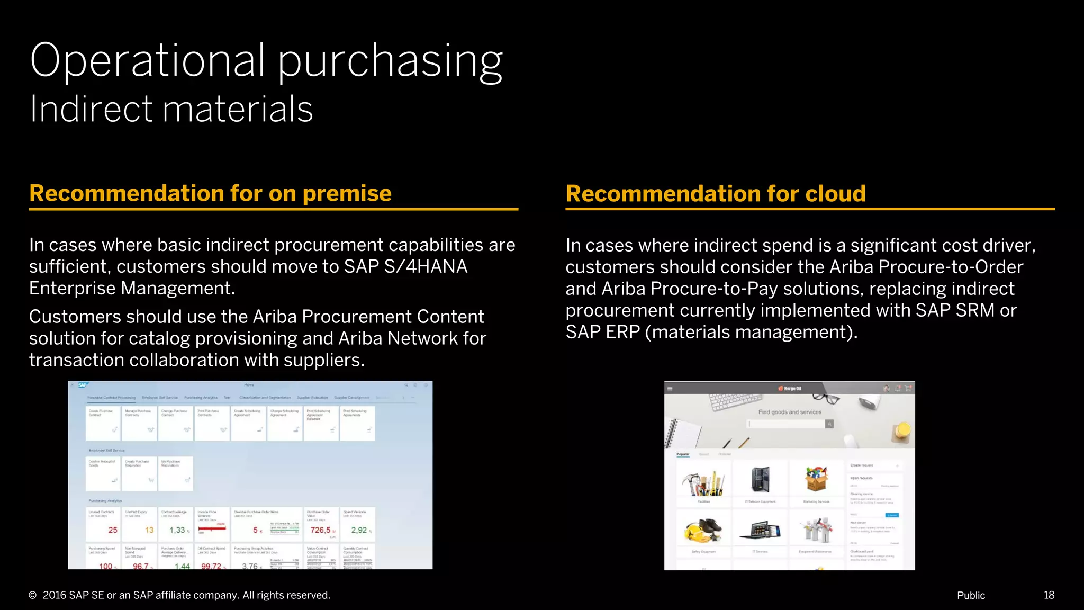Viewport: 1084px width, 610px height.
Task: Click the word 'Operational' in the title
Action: click(147, 61)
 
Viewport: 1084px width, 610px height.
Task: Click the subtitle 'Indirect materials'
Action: click(171, 109)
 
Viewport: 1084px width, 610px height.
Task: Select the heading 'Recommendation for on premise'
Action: click(210, 193)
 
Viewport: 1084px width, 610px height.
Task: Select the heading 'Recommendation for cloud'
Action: click(715, 193)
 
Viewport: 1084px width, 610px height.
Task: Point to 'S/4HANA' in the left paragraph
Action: click(426, 266)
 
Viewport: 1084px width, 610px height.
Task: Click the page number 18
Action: click(1049, 595)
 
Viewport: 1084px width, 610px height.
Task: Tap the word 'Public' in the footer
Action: click(971, 595)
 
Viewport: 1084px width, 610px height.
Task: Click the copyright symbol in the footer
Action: click(33, 595)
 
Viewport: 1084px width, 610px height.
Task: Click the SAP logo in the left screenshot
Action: click(83, 385)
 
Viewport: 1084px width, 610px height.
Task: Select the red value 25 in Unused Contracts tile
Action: click(113, 530)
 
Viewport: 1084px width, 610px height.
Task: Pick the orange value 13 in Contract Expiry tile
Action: click(149, 530)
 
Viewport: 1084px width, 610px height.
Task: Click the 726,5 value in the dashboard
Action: click(320, 530)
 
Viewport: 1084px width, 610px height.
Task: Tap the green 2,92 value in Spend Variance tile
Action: click(359, 530)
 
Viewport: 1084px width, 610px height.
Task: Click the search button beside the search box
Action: click(829, 424)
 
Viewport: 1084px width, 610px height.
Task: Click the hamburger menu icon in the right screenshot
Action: click(670, 388)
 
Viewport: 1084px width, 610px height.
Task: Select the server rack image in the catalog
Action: click(761, 479)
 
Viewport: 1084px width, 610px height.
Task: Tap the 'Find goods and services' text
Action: click(790, 412)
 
